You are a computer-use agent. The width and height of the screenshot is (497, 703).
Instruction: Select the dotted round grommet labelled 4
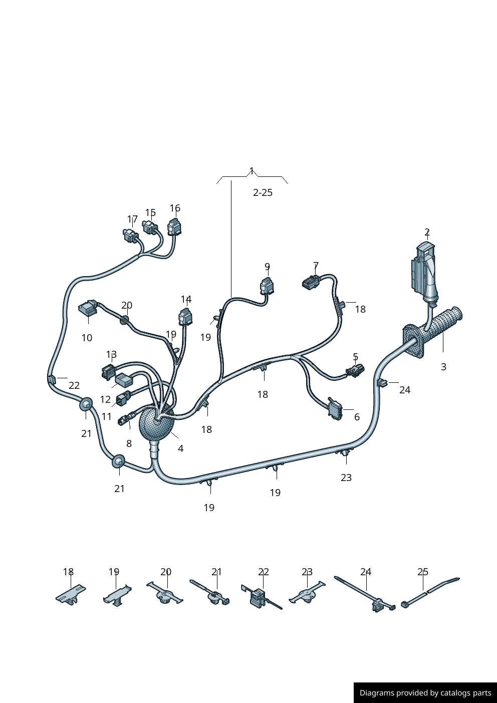pos(156,424)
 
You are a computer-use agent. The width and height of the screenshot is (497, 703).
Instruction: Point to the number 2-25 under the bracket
pos(263,193)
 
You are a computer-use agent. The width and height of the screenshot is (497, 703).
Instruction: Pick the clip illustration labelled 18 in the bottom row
pos(71,595)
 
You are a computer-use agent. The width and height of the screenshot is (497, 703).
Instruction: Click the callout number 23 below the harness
pos(346,478)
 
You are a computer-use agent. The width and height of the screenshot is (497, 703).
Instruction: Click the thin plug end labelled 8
pos(124,419)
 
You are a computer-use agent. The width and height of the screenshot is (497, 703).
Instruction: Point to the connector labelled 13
pos(108,372)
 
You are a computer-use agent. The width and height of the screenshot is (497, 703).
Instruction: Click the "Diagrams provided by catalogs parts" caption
pos(425,693)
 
